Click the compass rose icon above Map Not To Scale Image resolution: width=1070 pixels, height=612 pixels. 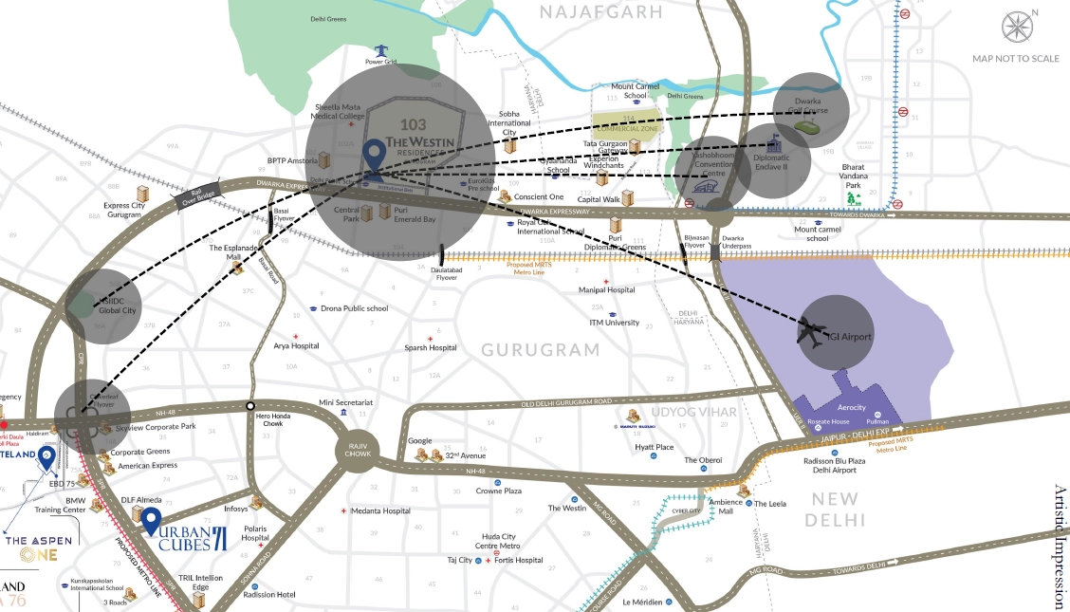[x=1016, y=27]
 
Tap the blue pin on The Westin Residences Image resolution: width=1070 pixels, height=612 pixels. [x=375, y=158]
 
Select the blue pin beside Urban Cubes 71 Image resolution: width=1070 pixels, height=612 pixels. [x=150, y=521]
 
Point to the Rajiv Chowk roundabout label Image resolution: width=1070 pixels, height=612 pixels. [x=358, y=449]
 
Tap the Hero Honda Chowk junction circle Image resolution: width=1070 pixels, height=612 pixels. [x=250, y=406]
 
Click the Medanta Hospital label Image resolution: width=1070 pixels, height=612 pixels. [x=380, y=511]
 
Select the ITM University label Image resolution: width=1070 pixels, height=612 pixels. [x=614, y=323]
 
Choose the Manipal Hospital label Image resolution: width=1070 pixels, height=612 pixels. [x=606, y=290]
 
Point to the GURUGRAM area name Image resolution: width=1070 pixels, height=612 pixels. [x=540, y=350]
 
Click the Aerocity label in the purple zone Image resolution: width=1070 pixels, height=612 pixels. [x=839, y=407]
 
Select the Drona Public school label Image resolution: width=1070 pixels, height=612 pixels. [x=354, y=308]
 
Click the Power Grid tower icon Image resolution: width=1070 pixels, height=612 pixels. [x=381, y=49]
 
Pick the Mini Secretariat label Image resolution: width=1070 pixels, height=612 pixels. [x=345, y=402]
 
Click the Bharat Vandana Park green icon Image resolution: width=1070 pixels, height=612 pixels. [x=854, y=198]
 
